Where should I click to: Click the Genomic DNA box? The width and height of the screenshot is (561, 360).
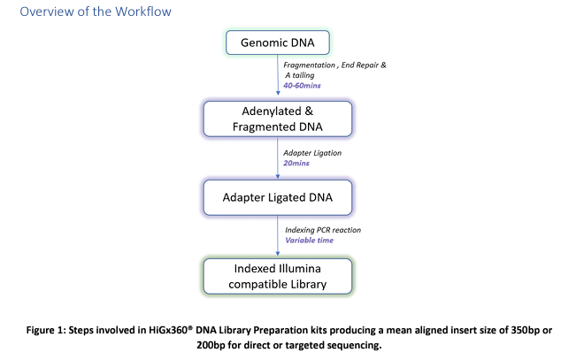[x=278, y=42]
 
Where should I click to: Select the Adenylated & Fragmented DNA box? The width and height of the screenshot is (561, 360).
[x=278, y=119]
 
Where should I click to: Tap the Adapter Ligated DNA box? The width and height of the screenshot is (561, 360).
[x=278, y=198]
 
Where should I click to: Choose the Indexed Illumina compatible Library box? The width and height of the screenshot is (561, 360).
[x=278, y=276]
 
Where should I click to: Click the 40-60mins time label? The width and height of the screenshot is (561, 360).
[x=302, y=86]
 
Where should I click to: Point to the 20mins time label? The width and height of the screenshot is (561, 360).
[x=296, y=163]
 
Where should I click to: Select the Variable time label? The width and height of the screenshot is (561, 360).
[x=309, y=241]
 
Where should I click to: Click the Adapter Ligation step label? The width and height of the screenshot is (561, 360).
[x=312, y=153]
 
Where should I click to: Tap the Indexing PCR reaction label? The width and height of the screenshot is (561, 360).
[x=323, y=230]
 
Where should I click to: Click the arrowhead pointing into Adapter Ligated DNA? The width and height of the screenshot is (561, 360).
[x=278, y=177]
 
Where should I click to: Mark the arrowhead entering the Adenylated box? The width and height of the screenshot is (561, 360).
[x=278, y=93]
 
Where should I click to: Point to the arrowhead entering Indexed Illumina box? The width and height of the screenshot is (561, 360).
[x=278, y=254]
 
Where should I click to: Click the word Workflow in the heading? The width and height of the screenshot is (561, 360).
[x=143, y=11]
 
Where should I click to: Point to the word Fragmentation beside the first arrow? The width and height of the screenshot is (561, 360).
[x=309, y=65]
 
